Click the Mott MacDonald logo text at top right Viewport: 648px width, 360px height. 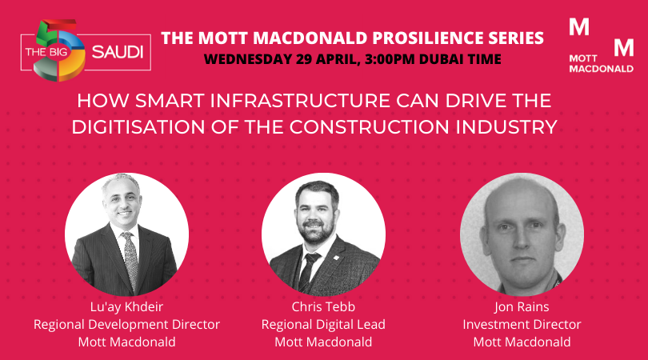coord(601,63)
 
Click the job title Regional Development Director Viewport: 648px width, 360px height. coord(126,324)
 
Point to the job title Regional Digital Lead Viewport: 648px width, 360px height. coord(323,324)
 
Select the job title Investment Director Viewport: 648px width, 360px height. coord(522,324)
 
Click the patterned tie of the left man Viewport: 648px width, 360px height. coord(131,260)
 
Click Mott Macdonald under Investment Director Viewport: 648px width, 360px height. coord(522,342)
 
